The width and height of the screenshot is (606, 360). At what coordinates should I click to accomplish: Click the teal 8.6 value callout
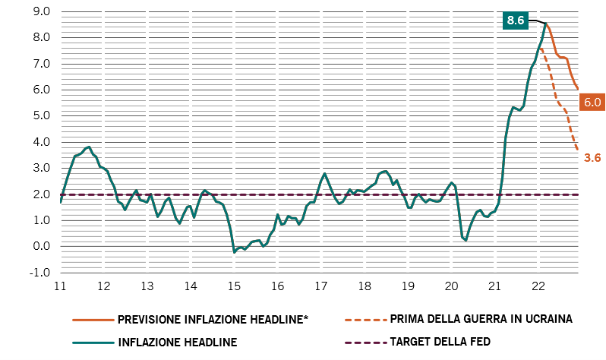pos(516,20)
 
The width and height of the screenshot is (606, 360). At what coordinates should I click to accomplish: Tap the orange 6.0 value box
pos(592,102)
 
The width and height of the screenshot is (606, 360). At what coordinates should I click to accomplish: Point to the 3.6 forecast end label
pos(592,158)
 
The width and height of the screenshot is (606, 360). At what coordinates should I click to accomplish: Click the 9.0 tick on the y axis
pos(42,11)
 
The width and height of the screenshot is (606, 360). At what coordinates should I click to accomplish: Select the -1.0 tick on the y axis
pos(39,273)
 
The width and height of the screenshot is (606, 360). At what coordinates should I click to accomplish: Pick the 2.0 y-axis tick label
pos(42,194)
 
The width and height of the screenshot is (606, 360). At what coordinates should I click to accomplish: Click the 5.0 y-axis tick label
pos(42,115)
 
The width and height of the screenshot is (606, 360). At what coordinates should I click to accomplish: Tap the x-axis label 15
pos(234,286)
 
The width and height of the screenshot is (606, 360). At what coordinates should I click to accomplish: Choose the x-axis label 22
pos(538,286)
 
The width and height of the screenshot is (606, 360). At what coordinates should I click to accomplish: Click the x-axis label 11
pos(60,286)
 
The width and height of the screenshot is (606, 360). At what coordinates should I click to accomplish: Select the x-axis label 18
pos(365,286)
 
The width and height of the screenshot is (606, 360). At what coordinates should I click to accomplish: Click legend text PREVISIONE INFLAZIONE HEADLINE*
pos(213,320)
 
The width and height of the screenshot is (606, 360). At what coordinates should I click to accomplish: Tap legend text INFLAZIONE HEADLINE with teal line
pos(178,343)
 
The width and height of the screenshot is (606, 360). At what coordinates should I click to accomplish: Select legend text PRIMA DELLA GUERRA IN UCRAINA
pos(481,319)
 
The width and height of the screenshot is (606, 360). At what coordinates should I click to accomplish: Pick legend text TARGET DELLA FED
pos(440,342)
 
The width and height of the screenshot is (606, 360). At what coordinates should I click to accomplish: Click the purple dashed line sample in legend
pos(365,343)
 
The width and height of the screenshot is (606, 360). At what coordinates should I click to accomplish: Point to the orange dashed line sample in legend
pos(365,320)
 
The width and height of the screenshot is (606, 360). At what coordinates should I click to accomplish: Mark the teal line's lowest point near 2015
pos(234,252)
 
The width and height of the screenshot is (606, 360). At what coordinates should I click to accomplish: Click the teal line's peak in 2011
pos(90,147)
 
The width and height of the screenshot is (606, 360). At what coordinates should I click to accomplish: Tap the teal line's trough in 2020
pos(466,240)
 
